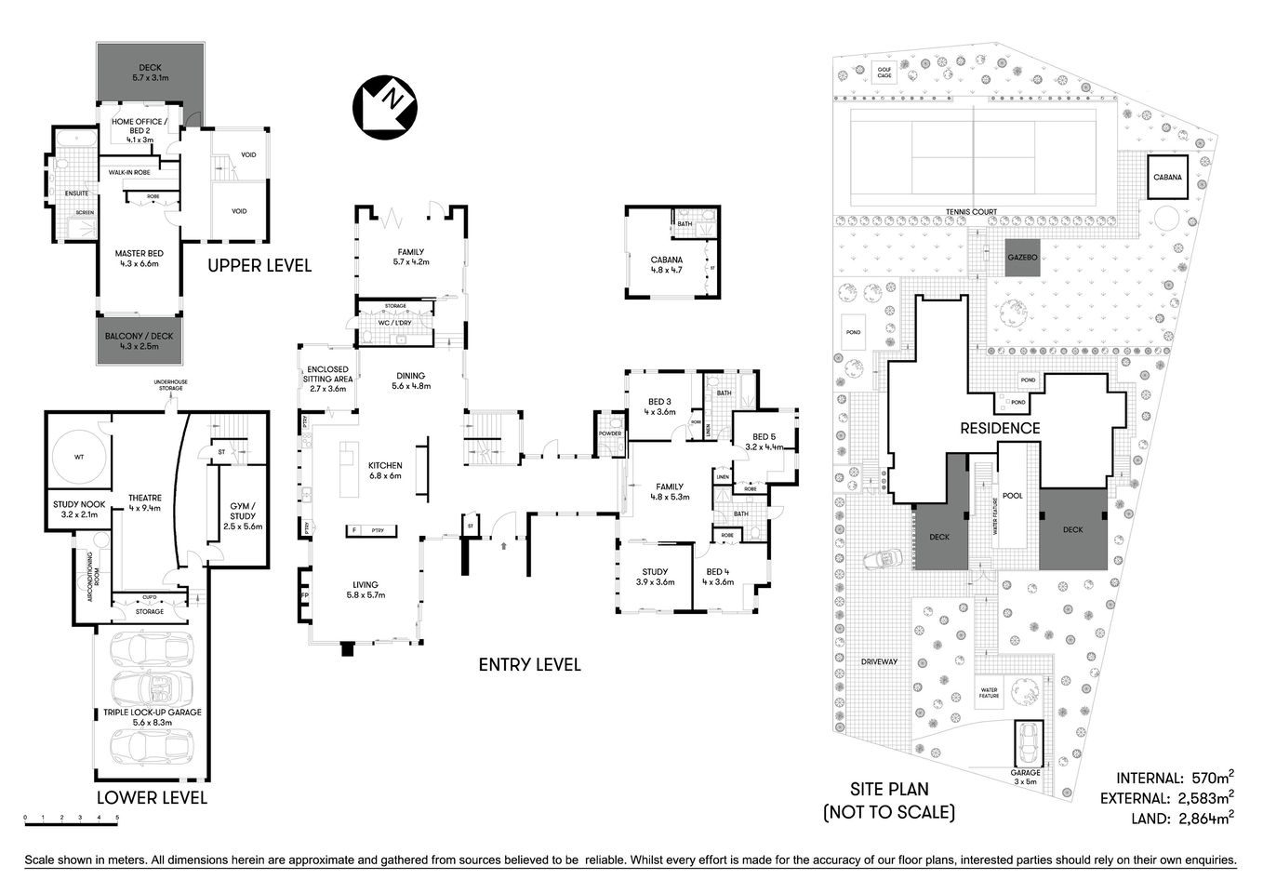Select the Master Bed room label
[x=139, y=258]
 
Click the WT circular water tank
[x=78, y=456]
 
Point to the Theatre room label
[x=144, y=502]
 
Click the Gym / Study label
[x=243, y=516]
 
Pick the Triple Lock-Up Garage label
[x=152, y=717]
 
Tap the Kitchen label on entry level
[x=384, y=470]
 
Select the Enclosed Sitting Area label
[x=329, y=379]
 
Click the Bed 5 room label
[x=764, y=441]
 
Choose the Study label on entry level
[x=655, y=577]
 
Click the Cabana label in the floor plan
[x=666, y=265]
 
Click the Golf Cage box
[x=884, y=73]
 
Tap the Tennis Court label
[x=971, y=212]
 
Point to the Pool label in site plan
[x=1013, y=496]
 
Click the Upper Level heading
[x=259, y=266]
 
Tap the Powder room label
[x=610, y=433]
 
